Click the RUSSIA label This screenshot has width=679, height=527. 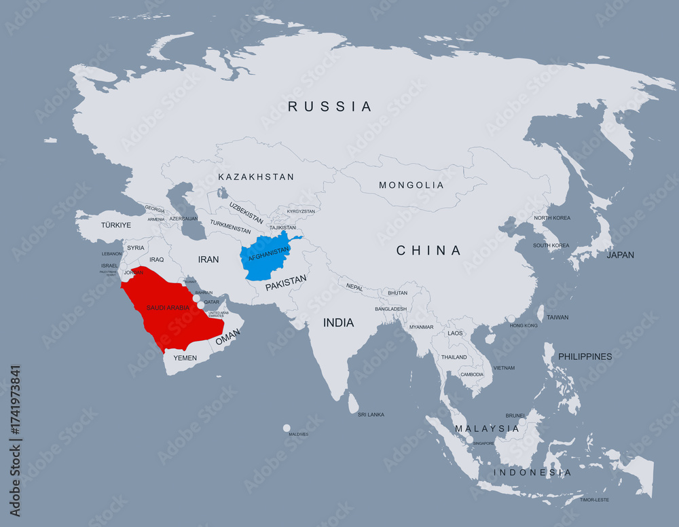[330, 107]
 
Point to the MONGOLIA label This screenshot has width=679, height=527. [411, 185]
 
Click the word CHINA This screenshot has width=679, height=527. [428, 251]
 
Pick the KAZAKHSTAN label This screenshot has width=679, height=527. [256, 177]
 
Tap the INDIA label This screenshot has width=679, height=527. [338, 323]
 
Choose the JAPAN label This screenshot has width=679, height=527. [620, 255]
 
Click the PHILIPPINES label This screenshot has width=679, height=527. [585, 357]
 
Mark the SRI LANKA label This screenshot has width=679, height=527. [371, 414]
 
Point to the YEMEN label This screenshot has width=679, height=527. [185, 358]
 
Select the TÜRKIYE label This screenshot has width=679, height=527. [115, 224]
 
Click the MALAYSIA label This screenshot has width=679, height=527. [487, 429]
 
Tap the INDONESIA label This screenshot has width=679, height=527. [532, 472]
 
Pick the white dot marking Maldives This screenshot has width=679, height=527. [287, 428]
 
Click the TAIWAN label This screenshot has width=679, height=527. [557, 317]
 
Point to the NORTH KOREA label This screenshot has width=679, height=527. [551, 218]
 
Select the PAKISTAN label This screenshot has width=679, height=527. [286, 283]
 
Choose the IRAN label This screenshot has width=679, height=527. [208, 259]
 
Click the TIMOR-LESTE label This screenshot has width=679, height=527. [594, 500]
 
